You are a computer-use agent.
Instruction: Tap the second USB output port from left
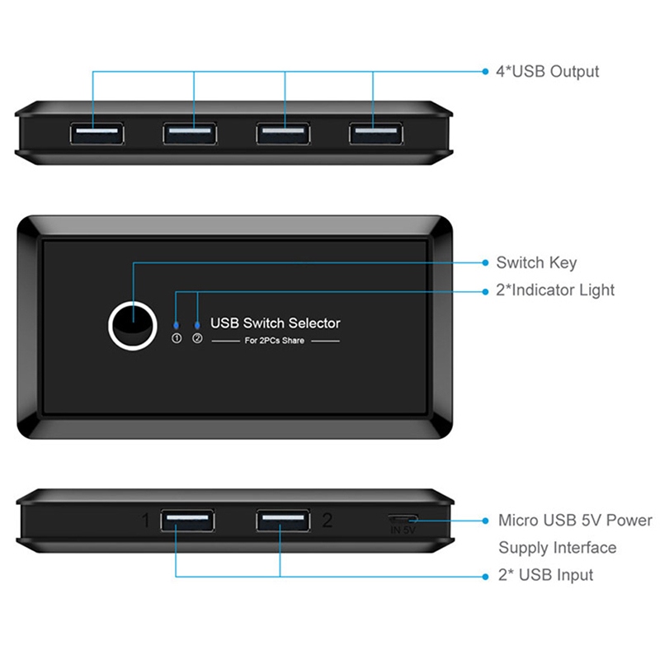click(190, 132)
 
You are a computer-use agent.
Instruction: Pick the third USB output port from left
click(282, 132)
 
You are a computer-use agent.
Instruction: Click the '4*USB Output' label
click(547, 72)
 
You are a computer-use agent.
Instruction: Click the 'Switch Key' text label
click(536, 263)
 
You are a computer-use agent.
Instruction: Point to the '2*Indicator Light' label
click(555, 290)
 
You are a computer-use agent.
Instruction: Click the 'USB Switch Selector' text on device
click(276, 323)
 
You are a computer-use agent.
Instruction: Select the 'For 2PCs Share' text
click(276, 341)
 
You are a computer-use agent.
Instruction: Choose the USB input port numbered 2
click(282, 521)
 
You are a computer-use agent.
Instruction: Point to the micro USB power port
click(403, 520)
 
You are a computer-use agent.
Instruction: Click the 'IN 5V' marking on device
click(403, 531)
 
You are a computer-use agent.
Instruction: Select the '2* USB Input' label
click(544, 575)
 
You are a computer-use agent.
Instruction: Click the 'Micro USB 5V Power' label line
click(575, 521)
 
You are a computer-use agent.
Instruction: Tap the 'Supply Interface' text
click(557, 548)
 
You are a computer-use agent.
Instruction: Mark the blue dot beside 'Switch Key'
click(485, 263)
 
